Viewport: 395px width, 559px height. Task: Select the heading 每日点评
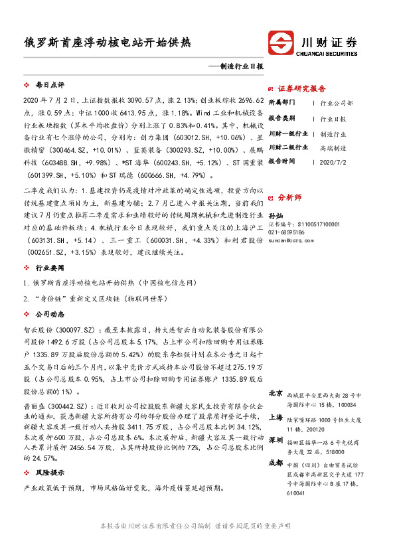tap(49, 86)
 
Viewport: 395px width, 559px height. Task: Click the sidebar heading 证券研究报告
tap(301, 88)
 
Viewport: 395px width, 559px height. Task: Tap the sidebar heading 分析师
tap(289, 198)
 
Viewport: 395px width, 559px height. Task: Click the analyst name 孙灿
tap(275, 216)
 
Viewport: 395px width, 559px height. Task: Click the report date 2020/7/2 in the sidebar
tap(333, 161)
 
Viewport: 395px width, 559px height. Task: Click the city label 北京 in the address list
tap(276, 392)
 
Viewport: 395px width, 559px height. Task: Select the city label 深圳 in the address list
tap(276, 439)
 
